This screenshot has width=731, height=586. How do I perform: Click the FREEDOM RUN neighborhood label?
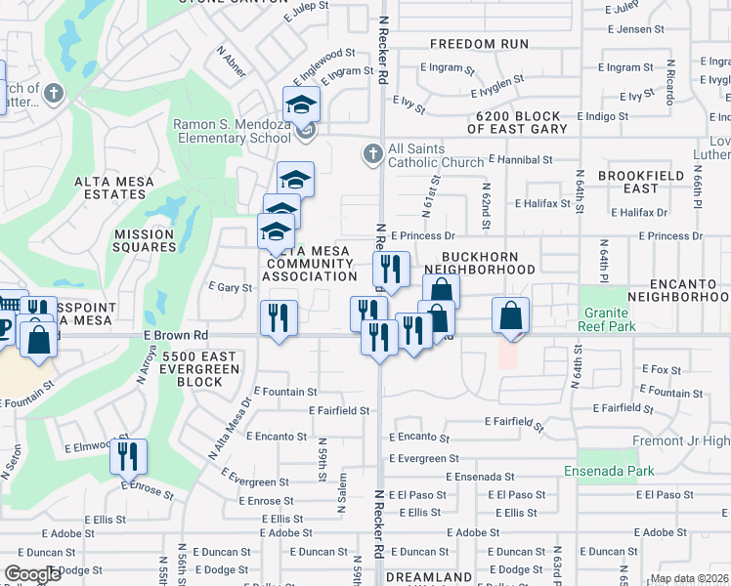(x=479, y=44)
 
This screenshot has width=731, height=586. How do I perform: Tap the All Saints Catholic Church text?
(x=435, y=155)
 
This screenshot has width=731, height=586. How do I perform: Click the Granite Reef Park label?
(x=608, y=318)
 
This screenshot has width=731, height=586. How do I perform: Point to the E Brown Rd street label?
(x=175, y=334)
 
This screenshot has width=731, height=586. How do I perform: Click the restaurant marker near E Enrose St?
(x=128, y=456)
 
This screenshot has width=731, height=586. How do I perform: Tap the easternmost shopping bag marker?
(x=510, y=315)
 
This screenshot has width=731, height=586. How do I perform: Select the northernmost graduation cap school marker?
(x=302, y=104)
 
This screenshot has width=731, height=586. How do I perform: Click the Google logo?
(x=32, y=574)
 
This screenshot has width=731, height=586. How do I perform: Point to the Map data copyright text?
(x=688, y=578)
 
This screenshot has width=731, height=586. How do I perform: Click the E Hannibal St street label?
(x=520, y=158)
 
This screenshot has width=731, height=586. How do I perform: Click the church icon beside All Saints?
(x=371, y=154)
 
